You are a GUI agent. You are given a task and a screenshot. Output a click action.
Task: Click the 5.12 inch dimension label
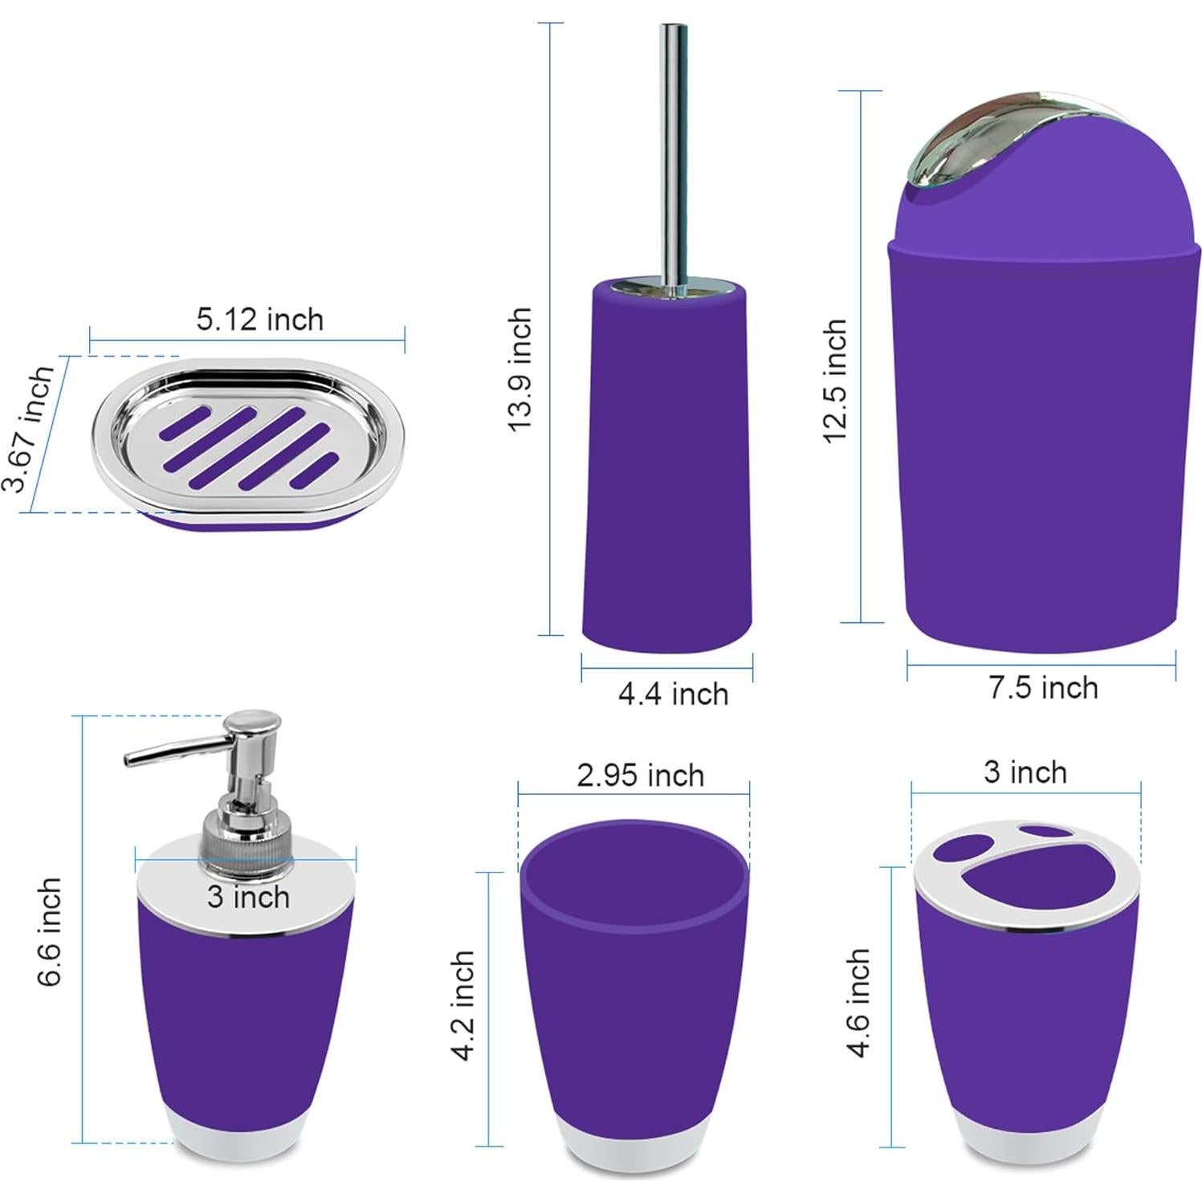[259, 320]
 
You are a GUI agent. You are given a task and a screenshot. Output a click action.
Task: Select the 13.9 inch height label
[520, 369]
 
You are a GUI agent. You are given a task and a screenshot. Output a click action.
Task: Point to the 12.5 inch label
[835, 380]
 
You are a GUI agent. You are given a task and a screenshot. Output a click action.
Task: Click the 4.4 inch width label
[673, 694]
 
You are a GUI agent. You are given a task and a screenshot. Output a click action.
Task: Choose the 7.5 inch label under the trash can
[1042, 688]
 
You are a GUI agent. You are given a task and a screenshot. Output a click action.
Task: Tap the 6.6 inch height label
[49, 931]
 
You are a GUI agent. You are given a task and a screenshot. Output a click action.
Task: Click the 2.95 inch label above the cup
[640, 776]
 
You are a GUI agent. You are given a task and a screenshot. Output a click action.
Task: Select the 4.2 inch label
[463, 1005]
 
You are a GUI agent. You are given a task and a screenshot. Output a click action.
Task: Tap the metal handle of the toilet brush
[673, 153]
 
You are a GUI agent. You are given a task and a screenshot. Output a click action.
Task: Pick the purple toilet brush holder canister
[667, 466]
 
